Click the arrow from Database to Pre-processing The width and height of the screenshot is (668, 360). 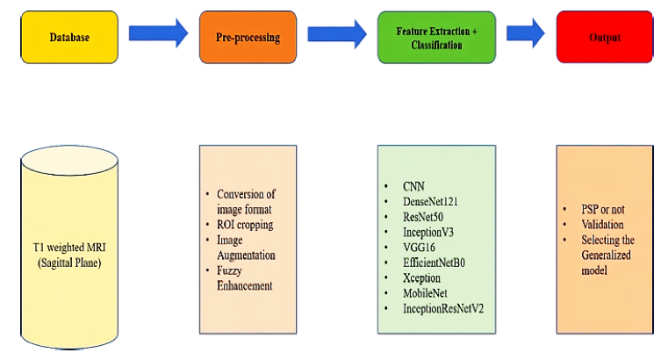[158, 34]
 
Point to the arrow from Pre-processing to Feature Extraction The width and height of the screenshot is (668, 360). [336, 34]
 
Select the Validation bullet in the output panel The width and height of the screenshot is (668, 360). [603, 226]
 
